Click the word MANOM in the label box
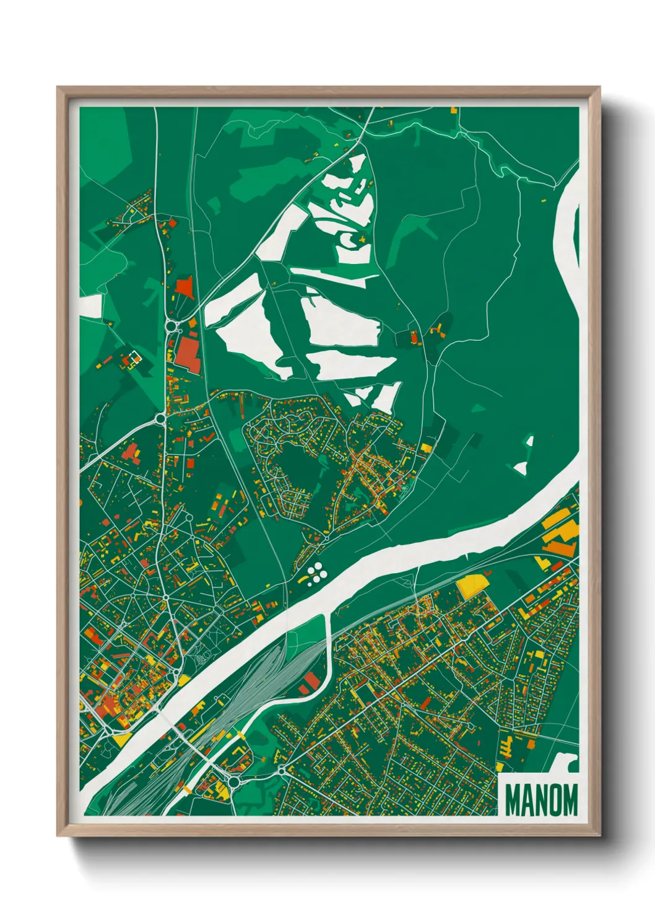coord(541,800)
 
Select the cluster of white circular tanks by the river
coord(316,573)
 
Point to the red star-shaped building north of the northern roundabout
coord(184,287)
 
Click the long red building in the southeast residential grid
coord(425,702)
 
